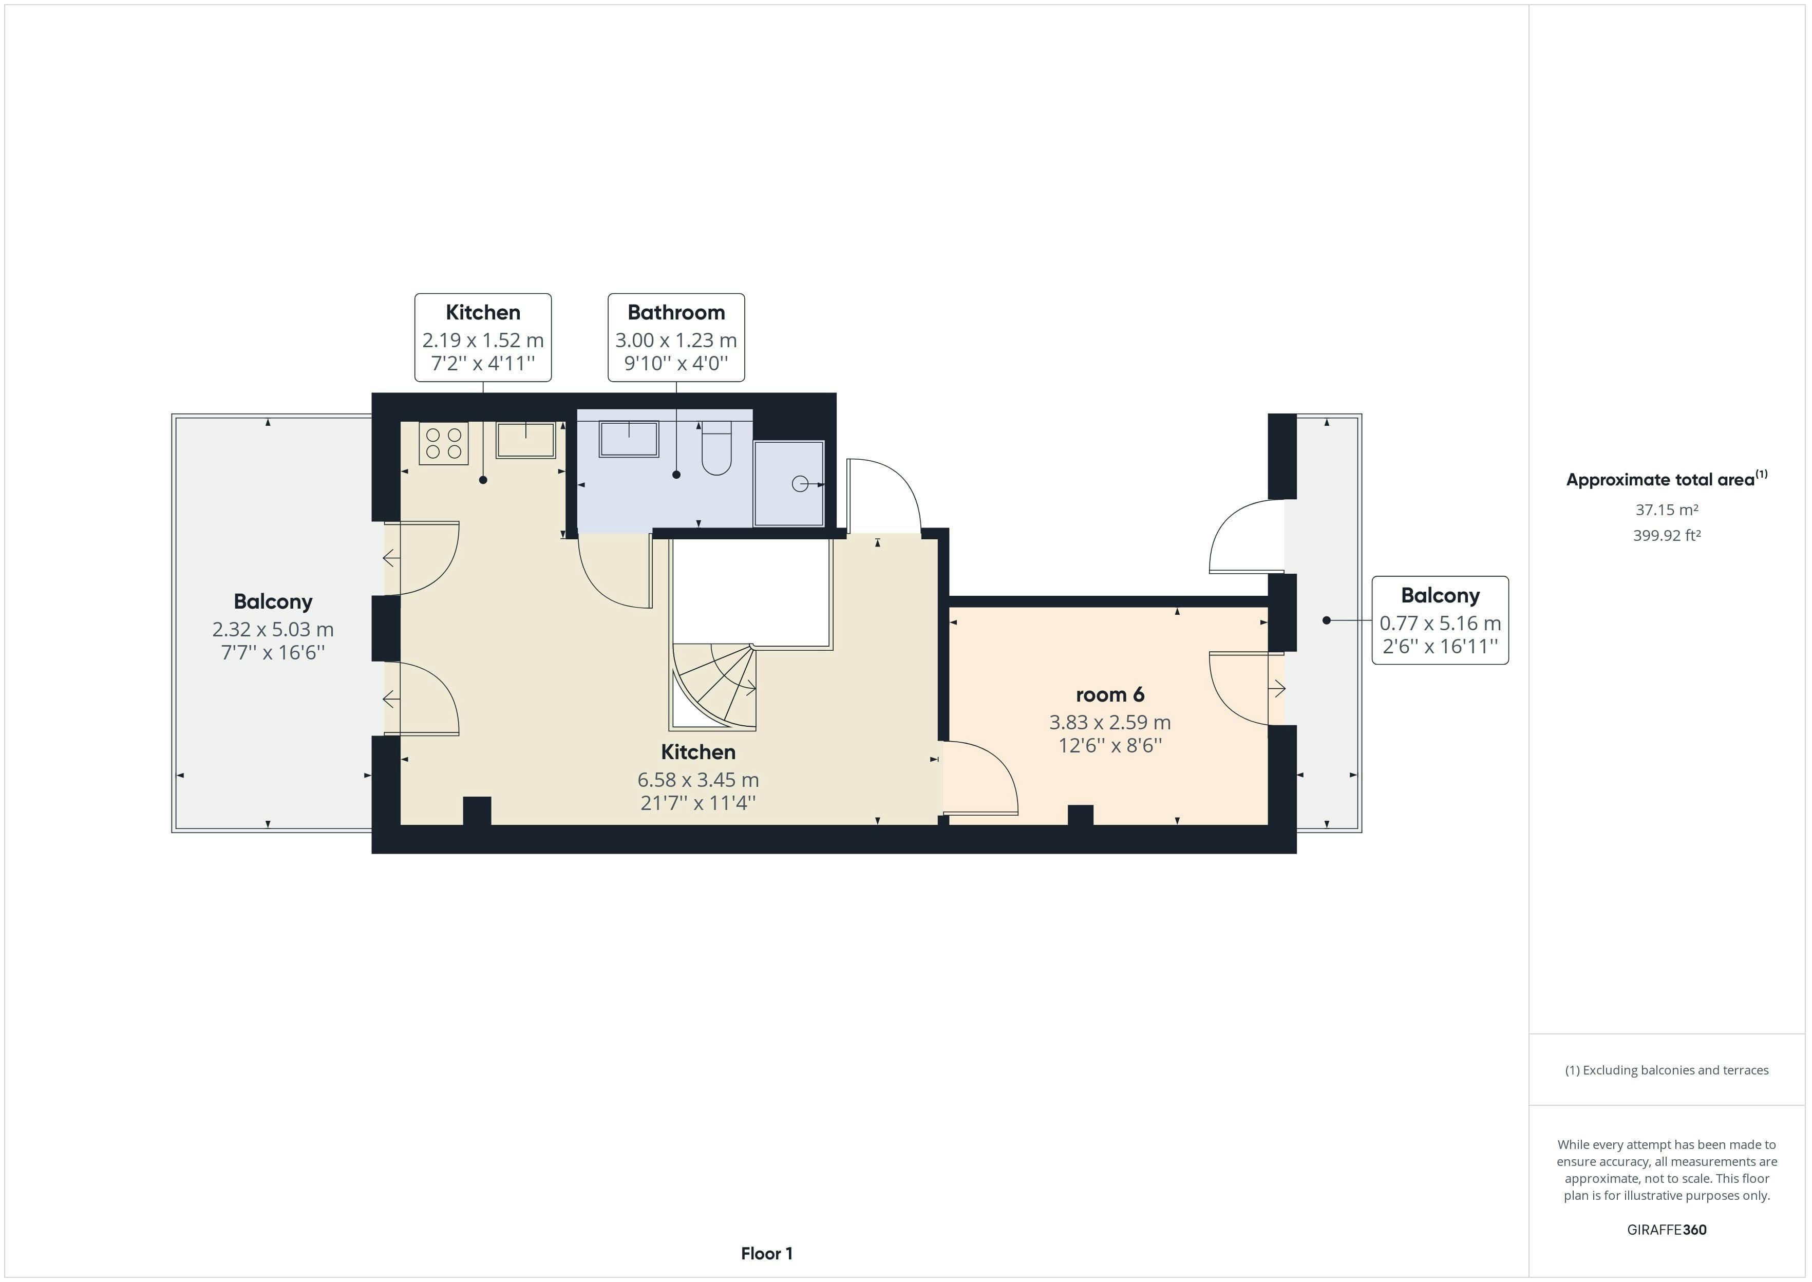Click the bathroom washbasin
pos(629,439)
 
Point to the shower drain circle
pos(800,484)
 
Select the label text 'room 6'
pos(1109,695)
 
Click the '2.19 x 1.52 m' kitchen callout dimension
pos(482,340)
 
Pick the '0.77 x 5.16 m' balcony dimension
pos(1440,624)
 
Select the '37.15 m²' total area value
pos(1666,510)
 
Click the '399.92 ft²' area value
pos(1666,535)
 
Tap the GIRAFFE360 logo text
pos(1666,1229)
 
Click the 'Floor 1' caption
pos(766,1253)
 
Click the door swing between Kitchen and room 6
pos(983,778)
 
